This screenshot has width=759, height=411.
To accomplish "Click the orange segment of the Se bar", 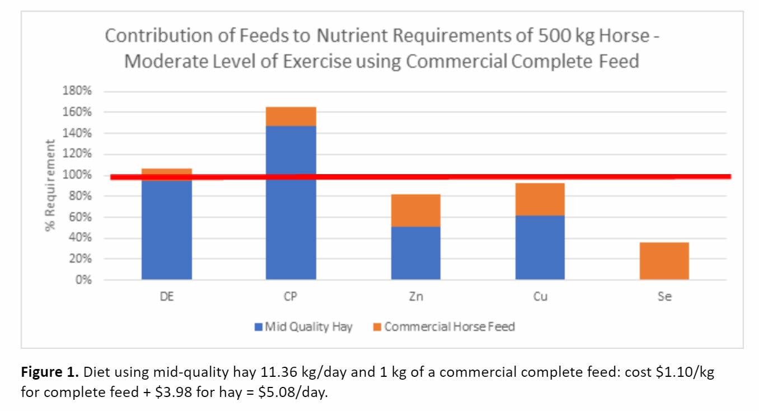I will [664, 261].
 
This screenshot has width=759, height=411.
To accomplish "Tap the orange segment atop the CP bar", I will [291, 116].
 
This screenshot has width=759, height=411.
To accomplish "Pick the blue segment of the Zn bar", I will [415, 253].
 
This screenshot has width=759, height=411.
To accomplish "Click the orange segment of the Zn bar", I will [415, 211].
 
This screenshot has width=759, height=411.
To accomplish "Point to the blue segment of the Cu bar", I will [540, 247].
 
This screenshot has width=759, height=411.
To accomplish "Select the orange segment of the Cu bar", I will [540, 199].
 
